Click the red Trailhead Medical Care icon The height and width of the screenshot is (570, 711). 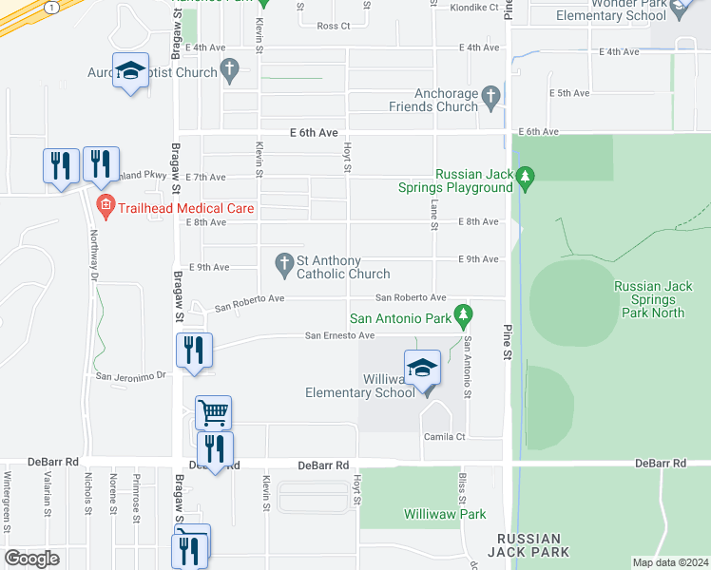pos(105,206)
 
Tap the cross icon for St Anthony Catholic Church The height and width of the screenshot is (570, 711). pos(283,263)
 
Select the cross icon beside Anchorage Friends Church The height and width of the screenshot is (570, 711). pos(490,95)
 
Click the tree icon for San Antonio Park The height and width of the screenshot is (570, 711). pos(463,313)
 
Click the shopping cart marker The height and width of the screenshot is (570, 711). pos(213,412)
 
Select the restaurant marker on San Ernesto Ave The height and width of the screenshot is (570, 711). pos(194,350)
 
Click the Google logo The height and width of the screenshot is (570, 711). pos(31,559)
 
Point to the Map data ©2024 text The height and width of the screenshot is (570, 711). pos(670,562)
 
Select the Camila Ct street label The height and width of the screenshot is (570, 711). pos(445,437)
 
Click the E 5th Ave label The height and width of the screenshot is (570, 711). pos(570,92)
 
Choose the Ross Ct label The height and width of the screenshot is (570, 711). pos(334,26)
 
